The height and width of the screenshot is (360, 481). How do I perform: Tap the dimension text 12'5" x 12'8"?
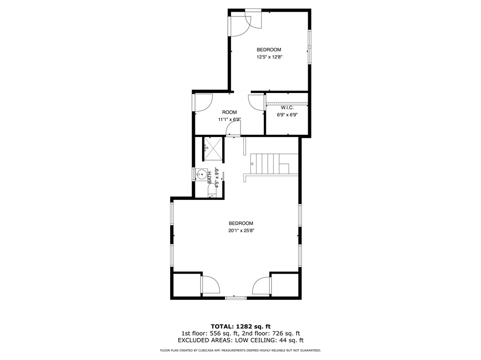click(x=269, y=57)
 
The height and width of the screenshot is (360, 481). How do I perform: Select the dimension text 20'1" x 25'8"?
click(x=241, y=230)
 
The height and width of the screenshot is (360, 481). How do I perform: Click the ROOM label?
click(x=229, y=112)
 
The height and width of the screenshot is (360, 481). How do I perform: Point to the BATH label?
click(x=210, y=177)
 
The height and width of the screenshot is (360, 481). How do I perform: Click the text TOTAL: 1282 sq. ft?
click(x=240, y=326)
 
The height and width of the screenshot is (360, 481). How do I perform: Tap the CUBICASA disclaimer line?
click(x=240, y=351)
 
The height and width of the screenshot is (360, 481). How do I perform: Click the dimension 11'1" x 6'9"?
click(x=229, y=119)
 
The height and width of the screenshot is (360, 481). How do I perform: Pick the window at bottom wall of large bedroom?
click(x=235, y=297)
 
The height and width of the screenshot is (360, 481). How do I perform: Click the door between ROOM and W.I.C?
click(x=257, y=102)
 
